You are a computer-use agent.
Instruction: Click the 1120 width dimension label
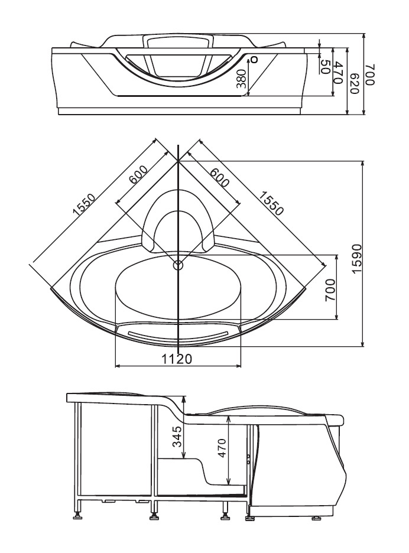(x=178, y=359)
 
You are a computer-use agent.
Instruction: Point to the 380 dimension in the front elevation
(x=241, y=79)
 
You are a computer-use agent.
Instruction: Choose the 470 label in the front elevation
(x=339, y=72)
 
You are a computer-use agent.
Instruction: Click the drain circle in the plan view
(x=178, y=265)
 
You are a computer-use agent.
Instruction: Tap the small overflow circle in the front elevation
(x=255, y=59)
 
